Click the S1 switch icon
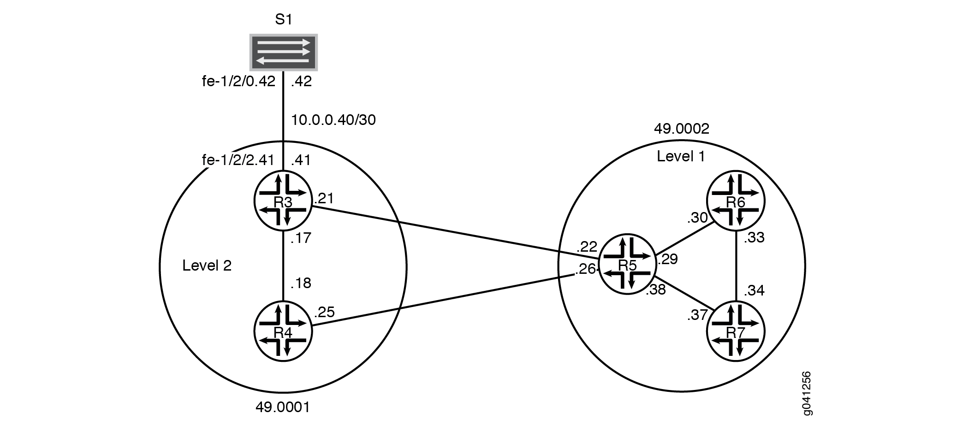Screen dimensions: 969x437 pos(284,52)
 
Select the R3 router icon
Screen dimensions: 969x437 pos(283,201)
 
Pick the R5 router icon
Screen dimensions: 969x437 pos(627,265)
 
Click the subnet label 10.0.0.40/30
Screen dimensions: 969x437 pos(333,120)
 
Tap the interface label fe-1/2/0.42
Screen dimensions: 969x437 pos(239,82)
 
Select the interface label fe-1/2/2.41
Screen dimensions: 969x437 pos(238,160)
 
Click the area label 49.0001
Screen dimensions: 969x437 pos(283,407)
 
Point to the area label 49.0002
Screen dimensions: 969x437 pos(682,129)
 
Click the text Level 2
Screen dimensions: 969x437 pos(207,266)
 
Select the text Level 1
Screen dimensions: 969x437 pos(681,157)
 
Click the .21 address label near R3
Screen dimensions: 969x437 pos(324,199)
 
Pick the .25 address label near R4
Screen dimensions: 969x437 pos(324,313)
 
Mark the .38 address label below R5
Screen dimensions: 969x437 pos(656,290)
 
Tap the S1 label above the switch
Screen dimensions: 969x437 pos(283,19)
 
